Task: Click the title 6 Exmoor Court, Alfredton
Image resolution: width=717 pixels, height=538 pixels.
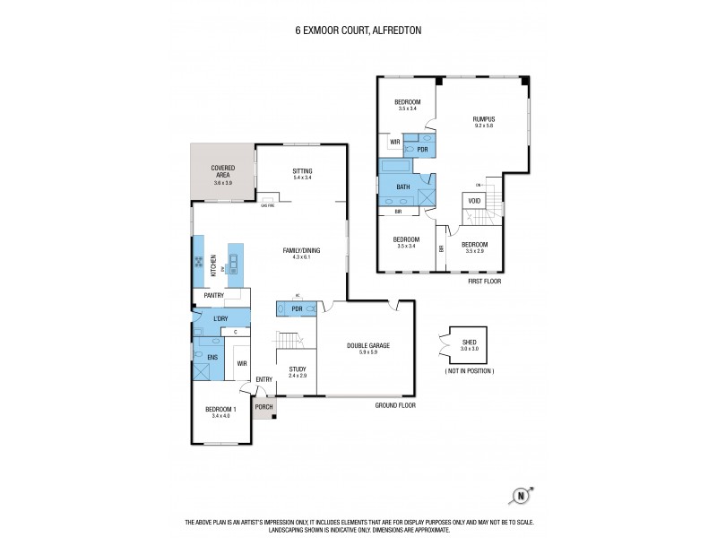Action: pos(358,30)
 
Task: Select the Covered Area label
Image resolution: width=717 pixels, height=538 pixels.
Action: pos(223,169)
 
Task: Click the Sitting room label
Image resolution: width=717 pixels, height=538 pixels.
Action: pos(302,170)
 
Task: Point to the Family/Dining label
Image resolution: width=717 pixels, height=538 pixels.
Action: pos(302,250)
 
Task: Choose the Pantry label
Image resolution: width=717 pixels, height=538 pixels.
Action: pos(213,295)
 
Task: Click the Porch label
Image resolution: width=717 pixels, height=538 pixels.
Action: pos(263,407)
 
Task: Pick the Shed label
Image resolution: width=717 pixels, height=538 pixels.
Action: pos(470,342)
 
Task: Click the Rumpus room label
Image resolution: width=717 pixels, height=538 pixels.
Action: pos(484,119)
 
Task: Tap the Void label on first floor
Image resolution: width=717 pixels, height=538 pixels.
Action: pos(474,200)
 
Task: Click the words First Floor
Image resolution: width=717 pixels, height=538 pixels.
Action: pos(484,281)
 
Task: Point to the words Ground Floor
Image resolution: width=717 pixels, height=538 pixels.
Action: pos(395,405)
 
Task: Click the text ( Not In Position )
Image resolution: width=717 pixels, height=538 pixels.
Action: pos(469,370)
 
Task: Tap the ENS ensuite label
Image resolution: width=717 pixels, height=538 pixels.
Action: pos(212,358)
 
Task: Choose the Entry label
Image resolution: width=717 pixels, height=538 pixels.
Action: pos(264,379)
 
